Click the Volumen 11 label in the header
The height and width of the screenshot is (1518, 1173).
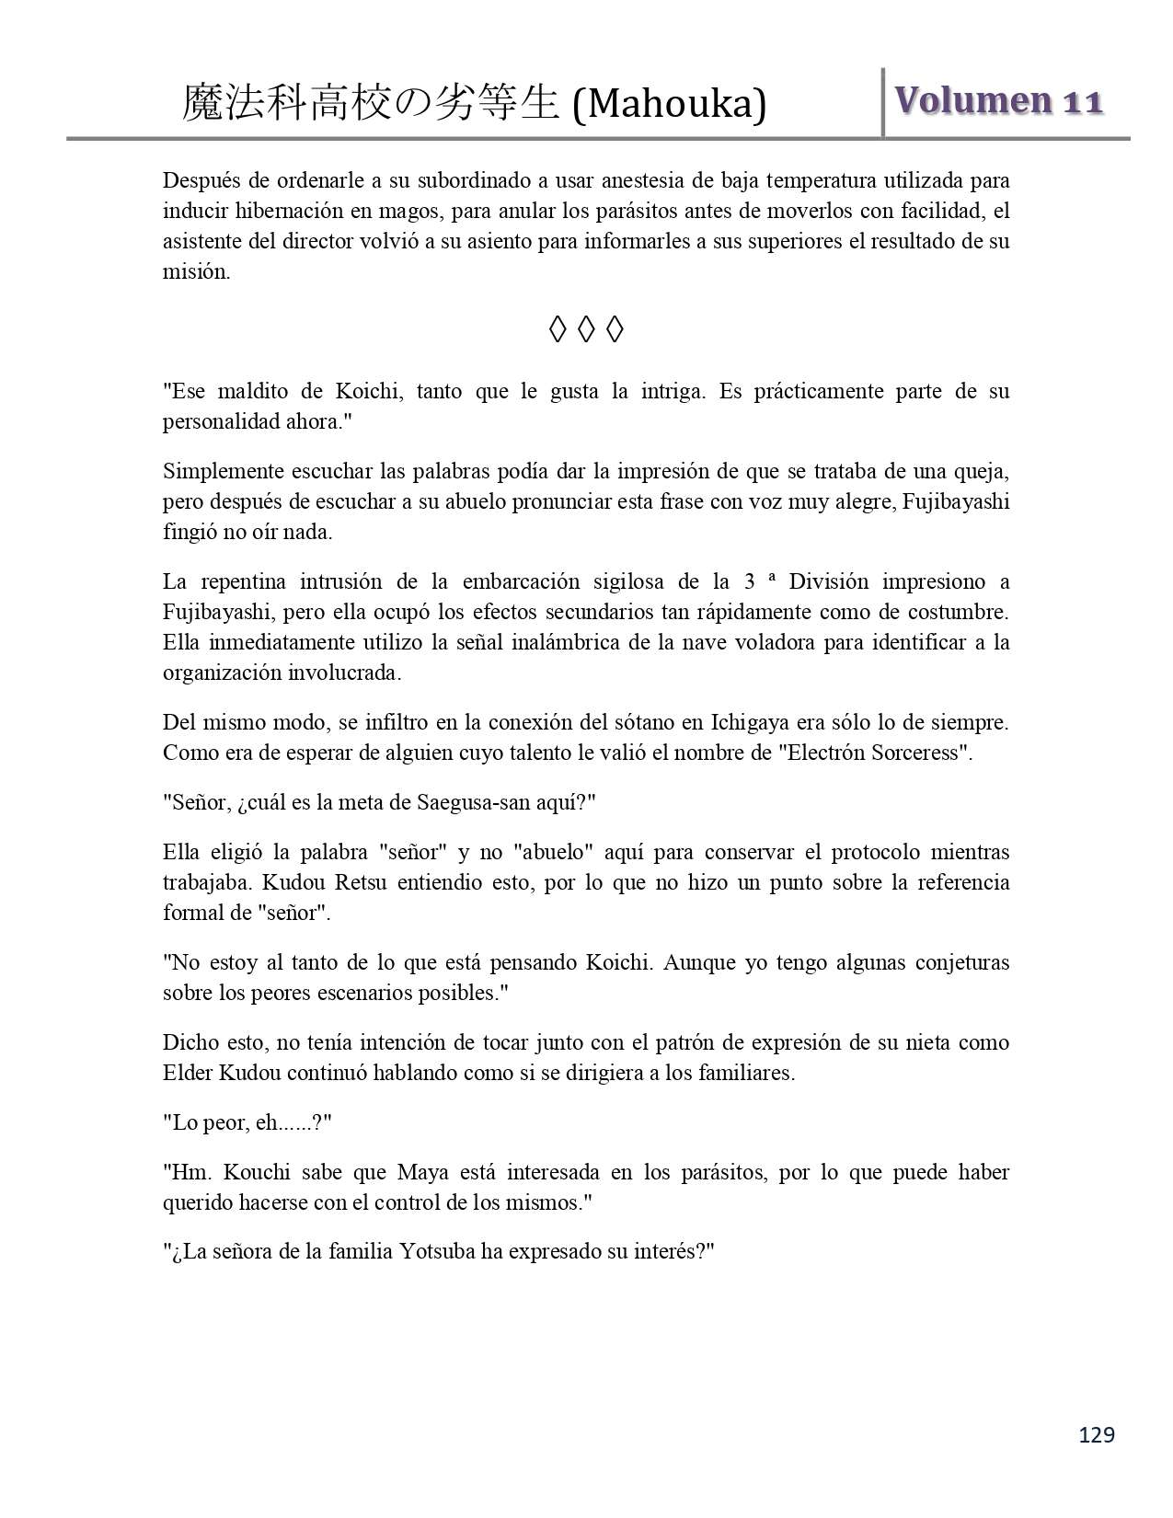click(x=998, y=100)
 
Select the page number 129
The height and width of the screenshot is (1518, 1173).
click(x=1097, y=1434)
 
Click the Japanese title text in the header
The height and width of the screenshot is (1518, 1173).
click(x=370, y=103)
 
